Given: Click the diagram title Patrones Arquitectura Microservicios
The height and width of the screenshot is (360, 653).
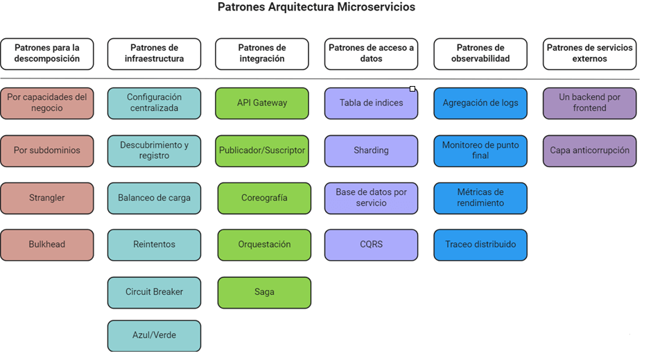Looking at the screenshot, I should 326,8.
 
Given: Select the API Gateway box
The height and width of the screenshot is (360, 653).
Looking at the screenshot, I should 262,103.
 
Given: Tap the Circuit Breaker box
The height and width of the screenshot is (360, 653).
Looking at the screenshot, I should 154,292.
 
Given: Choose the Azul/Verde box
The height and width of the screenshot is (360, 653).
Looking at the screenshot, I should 154,335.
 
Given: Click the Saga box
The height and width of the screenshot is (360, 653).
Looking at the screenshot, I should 264,292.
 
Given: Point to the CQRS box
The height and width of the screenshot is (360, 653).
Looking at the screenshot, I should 371,244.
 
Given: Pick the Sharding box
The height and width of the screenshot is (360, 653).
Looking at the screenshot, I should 371,150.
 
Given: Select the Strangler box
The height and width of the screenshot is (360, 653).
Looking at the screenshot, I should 46,198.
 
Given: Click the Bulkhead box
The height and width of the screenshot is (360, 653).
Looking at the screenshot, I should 46,244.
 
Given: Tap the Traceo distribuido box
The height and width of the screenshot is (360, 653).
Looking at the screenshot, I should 480,244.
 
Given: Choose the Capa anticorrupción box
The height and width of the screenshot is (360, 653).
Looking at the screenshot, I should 589,150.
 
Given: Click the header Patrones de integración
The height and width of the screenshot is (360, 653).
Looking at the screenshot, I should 262,53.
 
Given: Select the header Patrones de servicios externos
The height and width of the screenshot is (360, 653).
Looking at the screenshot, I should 589,53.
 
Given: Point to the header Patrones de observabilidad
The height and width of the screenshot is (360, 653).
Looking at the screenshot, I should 480,53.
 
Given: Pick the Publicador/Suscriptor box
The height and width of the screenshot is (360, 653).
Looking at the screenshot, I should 262,150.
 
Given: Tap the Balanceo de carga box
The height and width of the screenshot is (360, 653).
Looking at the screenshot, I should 154,198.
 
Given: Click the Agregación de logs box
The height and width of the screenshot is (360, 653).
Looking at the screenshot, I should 480,103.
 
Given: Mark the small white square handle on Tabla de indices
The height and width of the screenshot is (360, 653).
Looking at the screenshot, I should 412,89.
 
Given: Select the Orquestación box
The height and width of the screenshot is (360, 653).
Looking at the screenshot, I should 264,244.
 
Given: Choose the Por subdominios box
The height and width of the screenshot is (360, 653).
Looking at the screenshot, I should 46,150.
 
